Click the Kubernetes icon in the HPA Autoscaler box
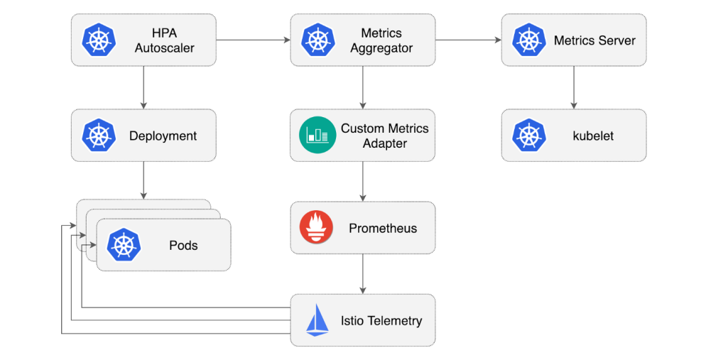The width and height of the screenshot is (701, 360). (x=99, y=40)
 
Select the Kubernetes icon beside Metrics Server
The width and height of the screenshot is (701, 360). (x=529, y=40)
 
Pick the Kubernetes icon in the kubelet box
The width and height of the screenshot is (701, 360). (x=529, y=136)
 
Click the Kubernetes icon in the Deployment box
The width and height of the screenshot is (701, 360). (x=99, y=136)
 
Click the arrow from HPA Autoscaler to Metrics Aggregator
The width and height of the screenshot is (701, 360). (x=253, y=40)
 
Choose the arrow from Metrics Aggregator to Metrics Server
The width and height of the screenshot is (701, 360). (x=468, y=40)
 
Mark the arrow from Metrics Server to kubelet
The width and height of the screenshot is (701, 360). (x=574, y=87)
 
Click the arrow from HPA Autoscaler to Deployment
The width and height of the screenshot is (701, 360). (x=144, y=87)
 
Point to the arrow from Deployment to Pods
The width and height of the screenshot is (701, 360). (x=144, y=180)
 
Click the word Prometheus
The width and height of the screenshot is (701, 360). (x=383, y=229)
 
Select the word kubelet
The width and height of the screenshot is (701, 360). (x=592, y=136)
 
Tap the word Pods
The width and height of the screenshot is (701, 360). (x=183, y=246)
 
